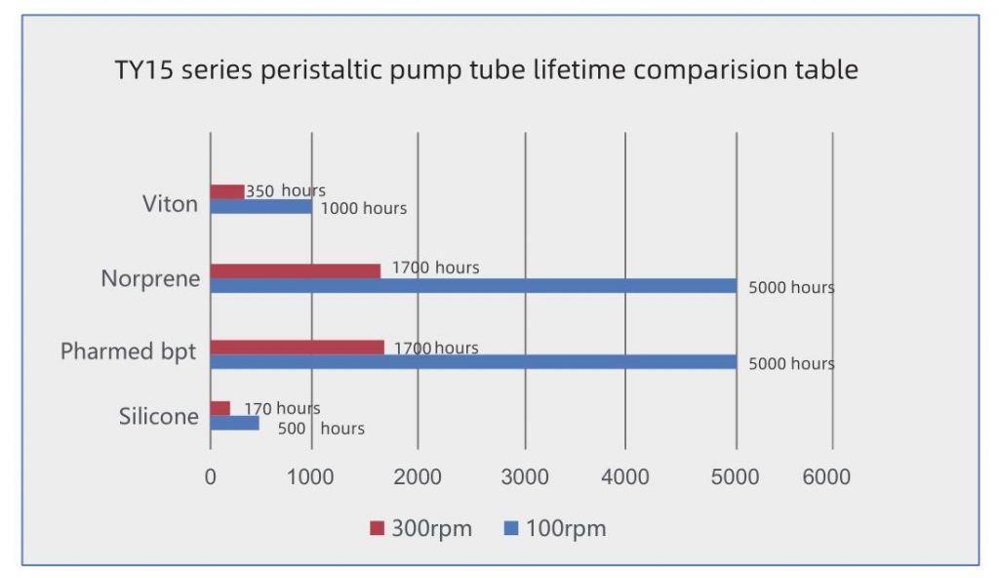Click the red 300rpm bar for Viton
227,191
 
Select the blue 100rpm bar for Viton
261,207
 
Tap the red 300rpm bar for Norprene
296,270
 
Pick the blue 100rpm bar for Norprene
473,286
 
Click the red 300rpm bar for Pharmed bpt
298,347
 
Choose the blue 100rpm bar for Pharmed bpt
473,362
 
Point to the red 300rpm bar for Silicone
220,408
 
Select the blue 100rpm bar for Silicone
235,424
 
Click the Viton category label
170,204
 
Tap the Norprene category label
150,279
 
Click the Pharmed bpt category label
129,351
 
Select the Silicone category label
159,417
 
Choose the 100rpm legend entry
555,529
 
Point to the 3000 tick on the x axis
527,476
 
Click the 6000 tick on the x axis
826,476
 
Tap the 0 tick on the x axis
210,476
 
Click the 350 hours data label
285,190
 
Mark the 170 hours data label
282,408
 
